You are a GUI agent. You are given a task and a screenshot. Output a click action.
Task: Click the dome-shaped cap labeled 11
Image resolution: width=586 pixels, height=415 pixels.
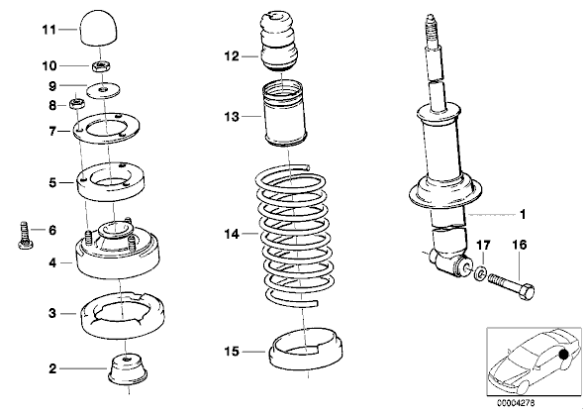(99, 29)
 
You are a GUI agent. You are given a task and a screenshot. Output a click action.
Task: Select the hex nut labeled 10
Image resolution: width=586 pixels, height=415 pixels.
(100, 67)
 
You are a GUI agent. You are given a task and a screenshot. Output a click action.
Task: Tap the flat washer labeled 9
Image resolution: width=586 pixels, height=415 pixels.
(104, 90)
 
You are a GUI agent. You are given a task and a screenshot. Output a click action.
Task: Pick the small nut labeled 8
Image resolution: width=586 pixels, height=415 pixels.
(77, 103)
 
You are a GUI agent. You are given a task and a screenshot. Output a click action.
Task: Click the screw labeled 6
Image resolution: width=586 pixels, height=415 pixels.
(25, 235)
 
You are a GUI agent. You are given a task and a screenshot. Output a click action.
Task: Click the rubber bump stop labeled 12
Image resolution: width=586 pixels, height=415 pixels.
(279, 42)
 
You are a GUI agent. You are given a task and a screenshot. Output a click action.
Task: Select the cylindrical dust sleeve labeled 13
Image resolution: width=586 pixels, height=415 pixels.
(285, 115)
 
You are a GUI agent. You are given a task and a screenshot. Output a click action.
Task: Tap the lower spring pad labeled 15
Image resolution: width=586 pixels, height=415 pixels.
(306, 349)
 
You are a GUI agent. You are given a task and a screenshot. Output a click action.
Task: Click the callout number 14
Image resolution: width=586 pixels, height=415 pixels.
(232, 235)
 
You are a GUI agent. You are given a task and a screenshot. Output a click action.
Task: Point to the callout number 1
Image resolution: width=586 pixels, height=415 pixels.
(523, 215)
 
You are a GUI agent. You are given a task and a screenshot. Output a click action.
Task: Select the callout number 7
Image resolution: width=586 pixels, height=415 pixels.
(52, 131)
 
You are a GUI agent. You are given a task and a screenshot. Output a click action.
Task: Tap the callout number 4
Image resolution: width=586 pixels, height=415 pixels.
(52, 263)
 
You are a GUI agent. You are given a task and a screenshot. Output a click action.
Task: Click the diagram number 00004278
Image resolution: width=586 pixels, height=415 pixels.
(516, 403)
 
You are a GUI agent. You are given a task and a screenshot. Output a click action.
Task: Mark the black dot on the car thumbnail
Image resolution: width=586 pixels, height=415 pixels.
(563, 354)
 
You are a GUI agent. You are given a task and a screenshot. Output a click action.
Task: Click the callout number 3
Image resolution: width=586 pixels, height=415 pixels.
(52, 313)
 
